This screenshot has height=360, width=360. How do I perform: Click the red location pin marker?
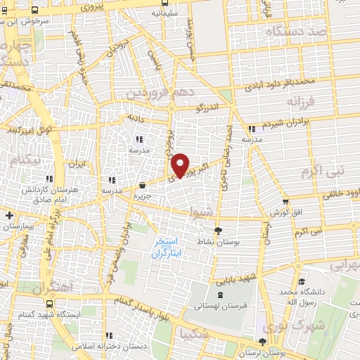(x=181, y=165)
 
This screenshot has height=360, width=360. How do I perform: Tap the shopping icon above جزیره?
(x=143, y=186)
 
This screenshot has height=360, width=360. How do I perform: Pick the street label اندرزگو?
(x=209, y=109)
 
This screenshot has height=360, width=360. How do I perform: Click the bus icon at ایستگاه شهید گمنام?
(x=49, y=304)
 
